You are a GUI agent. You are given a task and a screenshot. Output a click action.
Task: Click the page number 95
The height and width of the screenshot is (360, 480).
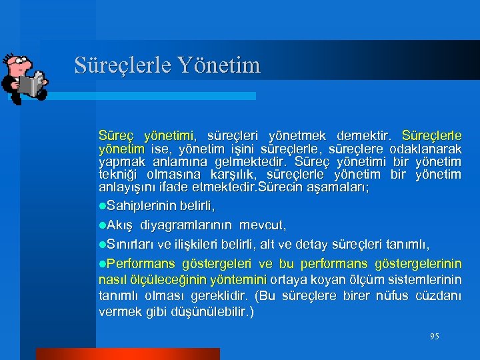click(x=434, y=337)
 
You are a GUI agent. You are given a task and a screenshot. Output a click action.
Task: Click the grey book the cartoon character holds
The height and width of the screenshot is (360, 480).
click(x=31, y=85)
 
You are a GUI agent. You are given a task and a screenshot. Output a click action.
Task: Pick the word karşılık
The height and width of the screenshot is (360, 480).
click(x=231, y=175)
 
